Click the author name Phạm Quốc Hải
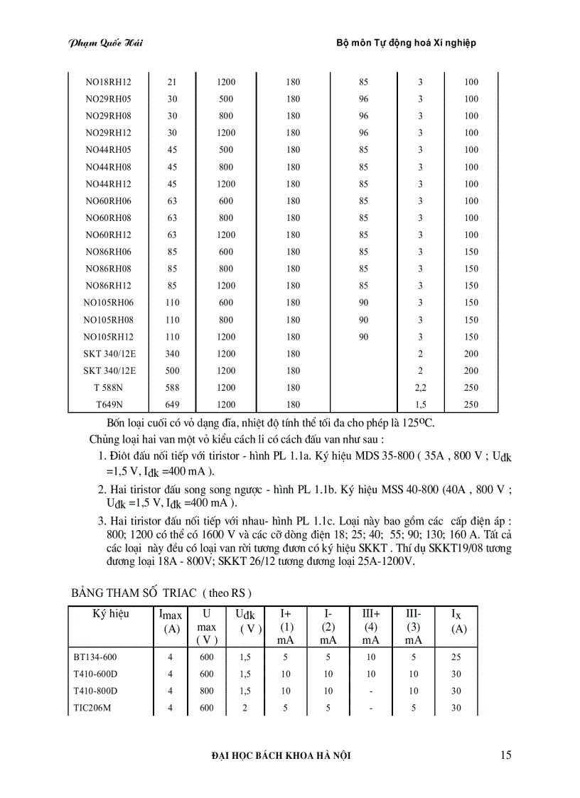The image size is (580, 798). pyautogui.click(x=106, y=43)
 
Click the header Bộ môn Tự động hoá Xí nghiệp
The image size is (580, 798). pyautogui.click(x=406, y=43)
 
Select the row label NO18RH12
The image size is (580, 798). pyautogui.click(x=108, y=82)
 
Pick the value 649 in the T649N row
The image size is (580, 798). pyautogui.click(x=172, y=405)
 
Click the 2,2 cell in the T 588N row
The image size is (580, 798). pyautogui.click(x=420, y=388)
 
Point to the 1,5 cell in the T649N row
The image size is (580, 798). pyautogui.click(x=420, y=405)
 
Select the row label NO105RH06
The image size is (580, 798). pyautogui.click(x=108, y=303)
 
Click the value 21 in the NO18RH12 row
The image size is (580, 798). pyautogui.click(x=172, y=82)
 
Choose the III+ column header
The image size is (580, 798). pyautogui.click(x=370, y=613)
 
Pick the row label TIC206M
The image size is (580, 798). pyautogui.click(x=92, y=708)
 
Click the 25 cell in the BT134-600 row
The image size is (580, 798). pyautogui.click(x=456, y=657)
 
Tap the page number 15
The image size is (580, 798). pyautogui.click(x=505, y=755)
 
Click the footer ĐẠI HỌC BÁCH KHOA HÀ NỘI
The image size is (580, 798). pyautogui.click(x=281, y=756)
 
